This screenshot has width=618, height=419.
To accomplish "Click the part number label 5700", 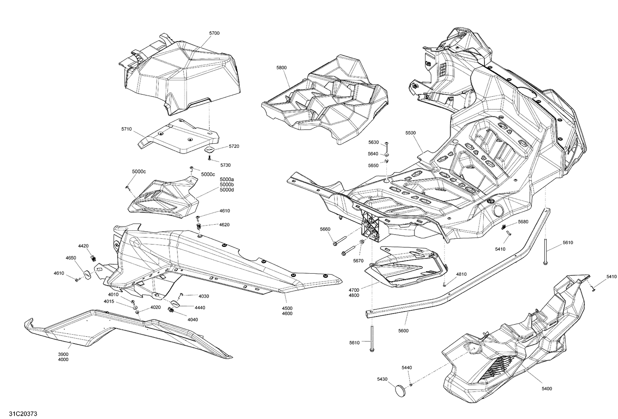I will [x=214, y=33].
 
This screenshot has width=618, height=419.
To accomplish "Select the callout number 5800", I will [x=281, y=68].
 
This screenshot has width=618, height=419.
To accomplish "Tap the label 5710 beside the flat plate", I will [x=126, y=129].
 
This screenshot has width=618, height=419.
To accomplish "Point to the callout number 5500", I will [x=410, y=133].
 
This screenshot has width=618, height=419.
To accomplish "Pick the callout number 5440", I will [x=407, y=368].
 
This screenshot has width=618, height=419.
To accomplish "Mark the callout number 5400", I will [x=547, y=388].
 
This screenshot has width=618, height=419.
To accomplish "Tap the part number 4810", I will [x=461, y=274].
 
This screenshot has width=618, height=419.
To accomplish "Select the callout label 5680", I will [x=523, y=222].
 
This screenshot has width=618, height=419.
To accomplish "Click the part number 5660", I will [x=325, y=229].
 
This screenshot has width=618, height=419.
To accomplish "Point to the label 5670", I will [x=358, y=261].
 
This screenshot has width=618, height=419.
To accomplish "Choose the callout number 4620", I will [x=225, y=225].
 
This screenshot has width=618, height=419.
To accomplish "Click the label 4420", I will [x=83, y=246].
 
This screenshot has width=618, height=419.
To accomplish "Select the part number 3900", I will [x=63, y=354].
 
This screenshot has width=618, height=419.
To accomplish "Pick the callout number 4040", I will [x=193, y=319].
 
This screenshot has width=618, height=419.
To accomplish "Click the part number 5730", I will [x=225, y=165].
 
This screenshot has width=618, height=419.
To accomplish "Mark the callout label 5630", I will [x=373, y=142].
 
